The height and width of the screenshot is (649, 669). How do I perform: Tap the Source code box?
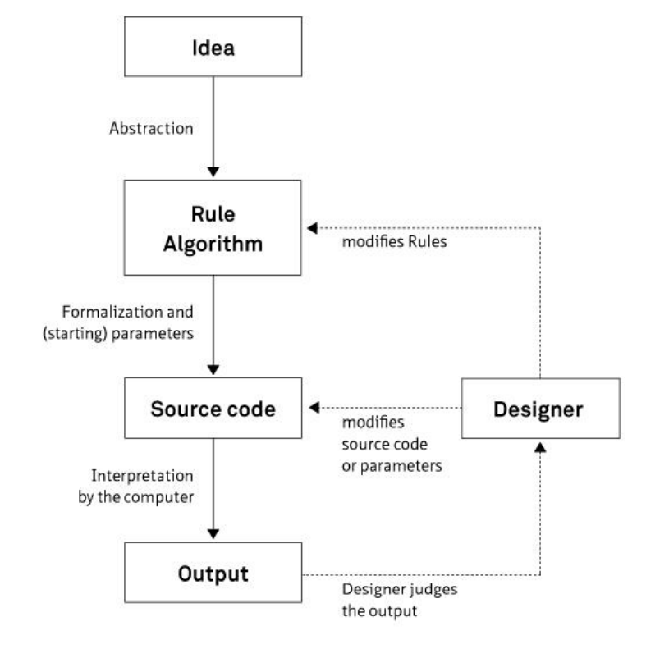point(213,408)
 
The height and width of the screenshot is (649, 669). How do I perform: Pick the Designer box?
point(540,408)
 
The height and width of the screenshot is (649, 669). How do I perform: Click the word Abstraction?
point(152,129)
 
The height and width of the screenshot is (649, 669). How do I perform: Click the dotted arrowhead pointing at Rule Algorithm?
point(311,228)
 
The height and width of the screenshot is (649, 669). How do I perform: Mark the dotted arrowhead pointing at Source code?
point(312,408)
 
